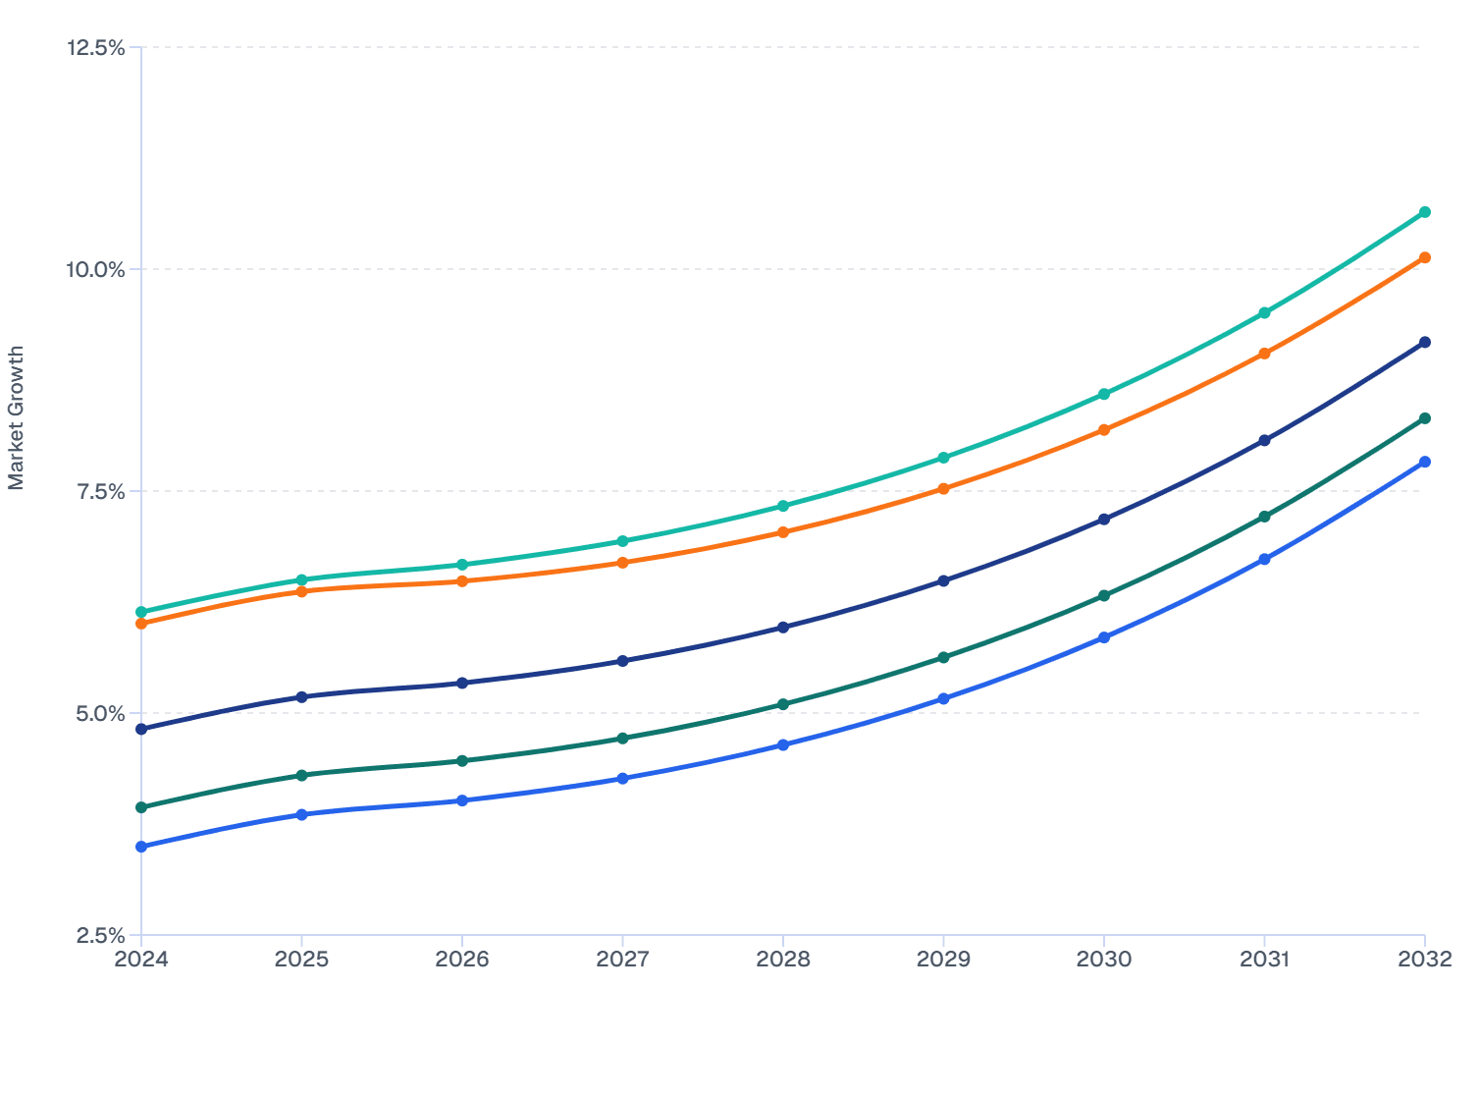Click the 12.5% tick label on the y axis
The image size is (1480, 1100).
coord(95,47)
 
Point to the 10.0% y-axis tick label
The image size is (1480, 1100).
coord(95,269)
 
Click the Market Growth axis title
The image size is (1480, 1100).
coord(16,417)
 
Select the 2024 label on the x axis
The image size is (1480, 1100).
coord(141,960)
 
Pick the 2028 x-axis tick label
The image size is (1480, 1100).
coord(783,960)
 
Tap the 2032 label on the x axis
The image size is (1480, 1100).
coord(1425,960)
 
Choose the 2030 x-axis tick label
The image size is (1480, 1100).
coord(1104,960)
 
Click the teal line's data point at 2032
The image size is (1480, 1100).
coord(1425,212)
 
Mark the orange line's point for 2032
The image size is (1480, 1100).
coord(1425,257)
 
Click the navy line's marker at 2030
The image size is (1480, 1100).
coord(1104,519)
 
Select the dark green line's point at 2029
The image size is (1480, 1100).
coord(943,657)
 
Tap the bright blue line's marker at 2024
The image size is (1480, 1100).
coord(141,847)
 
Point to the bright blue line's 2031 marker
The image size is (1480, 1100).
coord(1264,559)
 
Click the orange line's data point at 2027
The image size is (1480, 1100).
coord(622,563)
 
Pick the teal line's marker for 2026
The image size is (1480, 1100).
coord(462,565)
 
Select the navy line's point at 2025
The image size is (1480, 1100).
coord(301,697)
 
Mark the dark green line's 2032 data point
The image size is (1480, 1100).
coord(1425,418)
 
